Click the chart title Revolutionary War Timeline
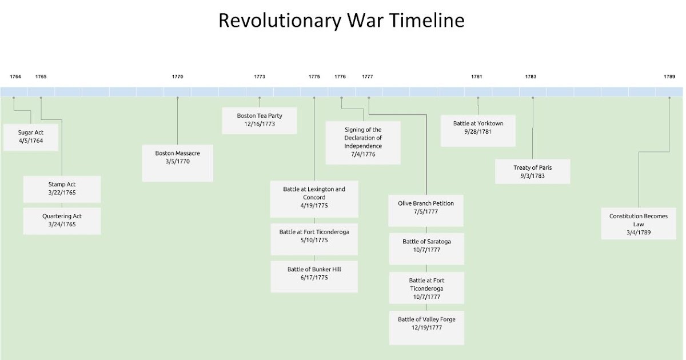tap(341, 21)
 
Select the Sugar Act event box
tap(31, 137)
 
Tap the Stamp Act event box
tap(62, 189)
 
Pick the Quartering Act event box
tap(62, 221)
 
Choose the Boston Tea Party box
tap(260, 120)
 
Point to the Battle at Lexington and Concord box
tap(314, 198)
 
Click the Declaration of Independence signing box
tap(363, 142)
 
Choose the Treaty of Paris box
tap(532, 171)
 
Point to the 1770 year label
tap(177, 77)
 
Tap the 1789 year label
tap(669, 77)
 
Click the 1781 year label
tap(477, 77)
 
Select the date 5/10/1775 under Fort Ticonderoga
tap(314, 241)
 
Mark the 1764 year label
tap(15, 77)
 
